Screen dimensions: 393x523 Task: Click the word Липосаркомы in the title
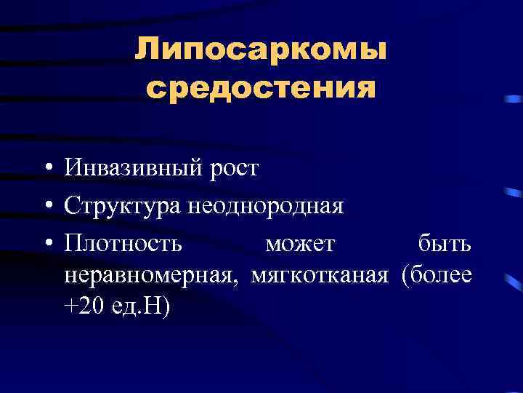point(260,52)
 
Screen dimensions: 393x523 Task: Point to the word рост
point(234,170)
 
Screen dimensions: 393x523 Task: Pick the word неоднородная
point(266,207)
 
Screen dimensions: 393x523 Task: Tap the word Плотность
point(123,243)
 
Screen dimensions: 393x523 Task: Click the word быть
point(445,243)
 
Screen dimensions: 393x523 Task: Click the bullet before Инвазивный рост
point(46,170)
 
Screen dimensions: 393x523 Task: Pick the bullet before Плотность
point(46,244)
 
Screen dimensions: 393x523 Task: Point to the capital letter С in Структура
point(71,207)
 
